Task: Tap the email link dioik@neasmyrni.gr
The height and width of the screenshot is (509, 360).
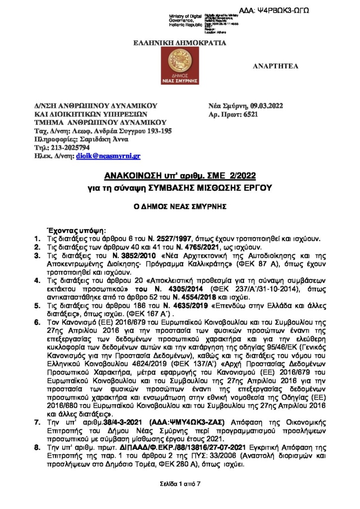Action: coord(108,156)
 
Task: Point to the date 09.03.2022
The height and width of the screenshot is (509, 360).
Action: coord(269,105)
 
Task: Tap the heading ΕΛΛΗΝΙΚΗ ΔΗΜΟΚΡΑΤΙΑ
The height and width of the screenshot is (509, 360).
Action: coord(180,43)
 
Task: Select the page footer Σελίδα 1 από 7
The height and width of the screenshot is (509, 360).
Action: coord(180,483)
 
